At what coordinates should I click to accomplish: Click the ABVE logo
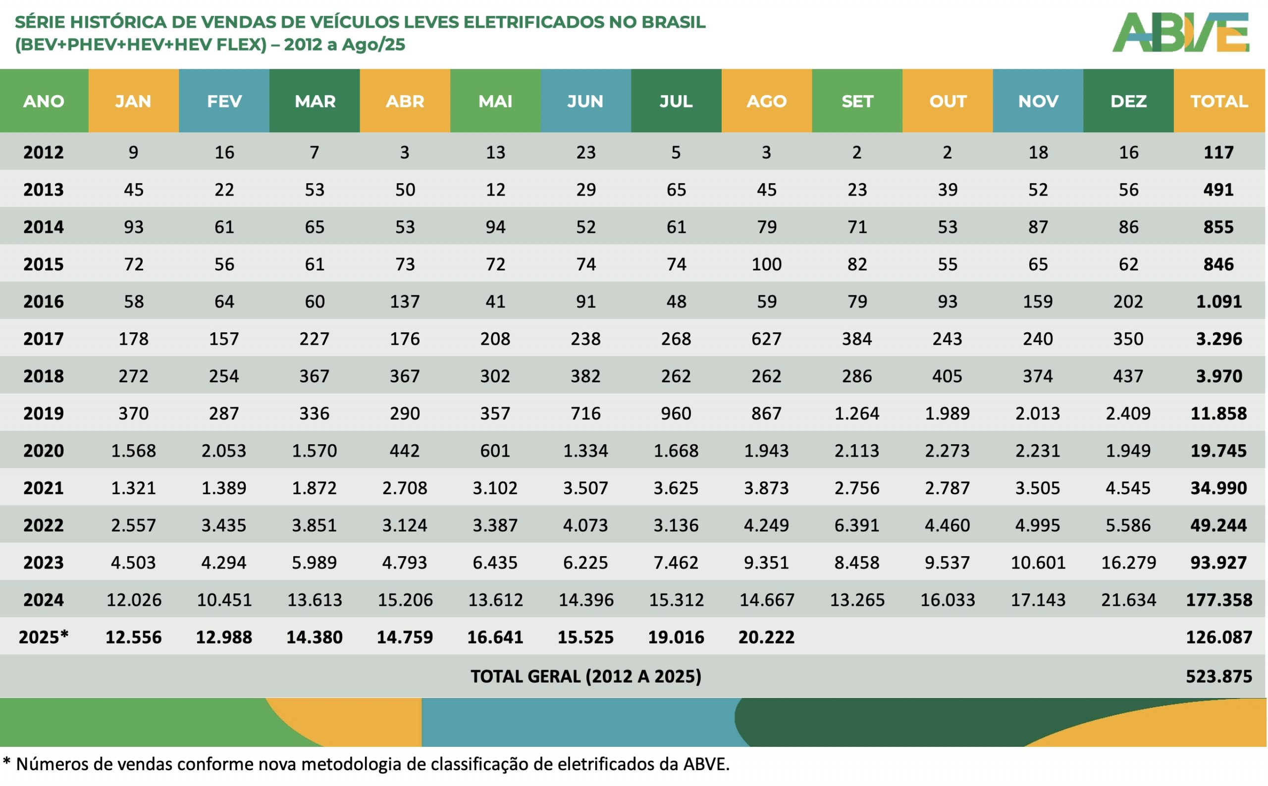[1180, 33]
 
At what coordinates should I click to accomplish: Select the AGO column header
[766, 101]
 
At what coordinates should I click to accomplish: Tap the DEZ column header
[1128, 101]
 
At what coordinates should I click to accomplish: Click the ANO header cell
[44, 101]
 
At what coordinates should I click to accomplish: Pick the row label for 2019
[44, 413]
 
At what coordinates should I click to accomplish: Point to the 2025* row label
[44, 637]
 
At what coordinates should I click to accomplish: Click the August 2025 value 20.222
[766, 637]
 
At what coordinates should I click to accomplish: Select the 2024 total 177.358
[1218, 600]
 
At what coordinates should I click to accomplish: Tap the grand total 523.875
[1218, 677]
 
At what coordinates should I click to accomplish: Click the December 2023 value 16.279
[1128, 563]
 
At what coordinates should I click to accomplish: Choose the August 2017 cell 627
[766, 339]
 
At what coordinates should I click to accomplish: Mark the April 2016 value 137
[405, 302]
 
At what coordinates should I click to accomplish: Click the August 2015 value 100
[766, 264]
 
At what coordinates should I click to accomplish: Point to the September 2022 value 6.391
[856, 525]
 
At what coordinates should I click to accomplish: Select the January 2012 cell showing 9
[134, 153]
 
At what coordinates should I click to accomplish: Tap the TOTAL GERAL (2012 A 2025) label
[585, 677]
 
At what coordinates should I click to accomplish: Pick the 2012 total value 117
[1218, 153]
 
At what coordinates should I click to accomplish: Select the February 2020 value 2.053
[223, 451]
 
